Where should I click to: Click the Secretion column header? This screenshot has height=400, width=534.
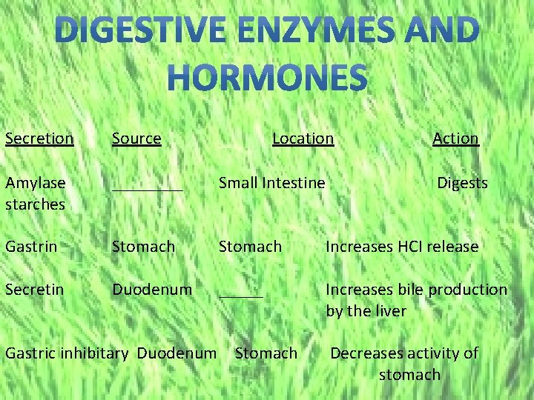pos(39,139)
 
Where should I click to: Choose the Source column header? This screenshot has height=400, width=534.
pos(136,139)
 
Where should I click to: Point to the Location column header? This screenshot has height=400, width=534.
pos(303,139)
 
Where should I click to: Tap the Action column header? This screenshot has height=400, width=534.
pos(455,139)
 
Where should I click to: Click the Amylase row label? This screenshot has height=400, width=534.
pos(36,183)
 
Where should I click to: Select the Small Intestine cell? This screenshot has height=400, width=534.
pos(271,183)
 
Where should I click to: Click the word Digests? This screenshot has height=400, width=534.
pos(462,183)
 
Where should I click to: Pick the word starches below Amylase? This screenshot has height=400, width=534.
pos(35,204)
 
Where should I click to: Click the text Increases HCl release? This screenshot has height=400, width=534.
pos(402,247)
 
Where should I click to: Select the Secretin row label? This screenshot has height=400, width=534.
pos(34,290)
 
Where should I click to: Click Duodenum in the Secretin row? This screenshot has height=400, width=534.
pos(152,290)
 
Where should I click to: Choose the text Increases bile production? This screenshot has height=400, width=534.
pos(417,290)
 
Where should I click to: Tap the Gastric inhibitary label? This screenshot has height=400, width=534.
pos(67,353)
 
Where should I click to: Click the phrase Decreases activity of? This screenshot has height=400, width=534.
pos(404,353)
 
